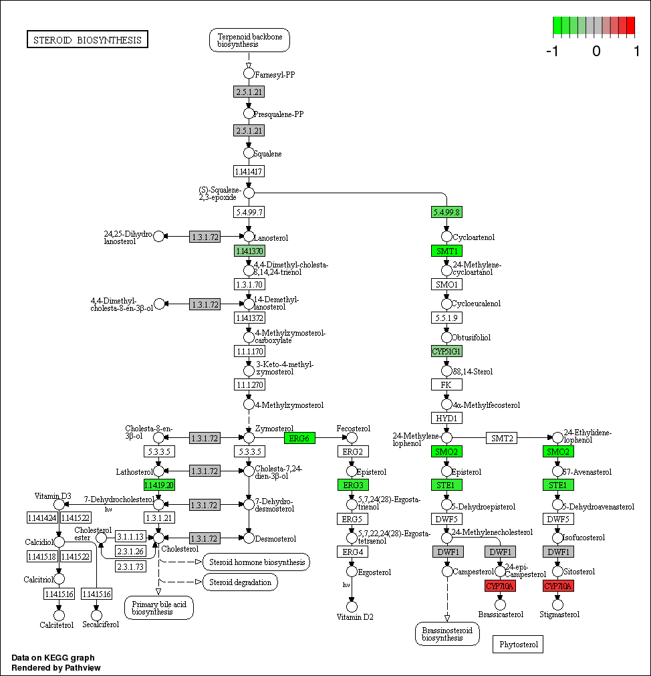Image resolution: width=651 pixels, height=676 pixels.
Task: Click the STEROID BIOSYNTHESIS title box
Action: pyautogui.click(x=88, y=39)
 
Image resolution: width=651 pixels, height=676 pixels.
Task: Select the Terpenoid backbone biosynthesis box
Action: pyautogui.click(x=249, y=40)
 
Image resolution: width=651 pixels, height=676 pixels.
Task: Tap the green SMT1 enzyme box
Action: pyautogui.click(x=446, y=251)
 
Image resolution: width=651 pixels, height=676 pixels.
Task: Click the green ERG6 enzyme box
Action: pyautogui.click(x=299, y=438)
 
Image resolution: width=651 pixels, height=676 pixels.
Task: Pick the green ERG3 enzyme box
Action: pyautogui.click(x=352, y=485)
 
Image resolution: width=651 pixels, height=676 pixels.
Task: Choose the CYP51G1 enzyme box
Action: pyautogui.click(x=446, y=351)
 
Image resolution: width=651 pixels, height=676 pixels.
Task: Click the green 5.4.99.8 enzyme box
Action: pyautogui.click(x=446, y=212)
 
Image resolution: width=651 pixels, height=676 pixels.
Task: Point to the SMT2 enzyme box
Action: pyautogui.click(x=502, y=438)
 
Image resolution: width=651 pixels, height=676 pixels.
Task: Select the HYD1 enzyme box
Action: pyautogui.click(x=446, y=418)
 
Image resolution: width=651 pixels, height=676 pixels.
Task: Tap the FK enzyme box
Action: pyautogui.click(x=446, y=384)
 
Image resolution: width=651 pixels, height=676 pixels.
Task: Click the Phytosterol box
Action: pyautogui.click(x=518, y=644)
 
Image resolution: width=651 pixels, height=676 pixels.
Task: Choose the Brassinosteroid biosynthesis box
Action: pyautogui.click(x=447, y=634)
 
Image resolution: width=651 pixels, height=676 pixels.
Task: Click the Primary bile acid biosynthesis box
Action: pyautogui.click(x=158, y=607)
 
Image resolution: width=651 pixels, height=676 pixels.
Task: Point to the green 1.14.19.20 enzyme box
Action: pyautogui.click(x=158, y=485)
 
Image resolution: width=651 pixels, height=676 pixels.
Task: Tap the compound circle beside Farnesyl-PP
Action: pyautogui.click(x=249, y=74)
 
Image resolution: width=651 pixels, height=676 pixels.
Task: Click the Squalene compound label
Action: pyautogui.click(x=267, y=154)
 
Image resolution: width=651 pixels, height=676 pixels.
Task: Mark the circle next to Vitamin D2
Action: pyautogui.click(x=352, y=606)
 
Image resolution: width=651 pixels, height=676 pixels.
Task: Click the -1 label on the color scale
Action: pyautogui.click(x=551, y=51)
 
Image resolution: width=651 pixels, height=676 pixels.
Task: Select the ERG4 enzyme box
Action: pyautogui.click(x=352, y=552)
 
